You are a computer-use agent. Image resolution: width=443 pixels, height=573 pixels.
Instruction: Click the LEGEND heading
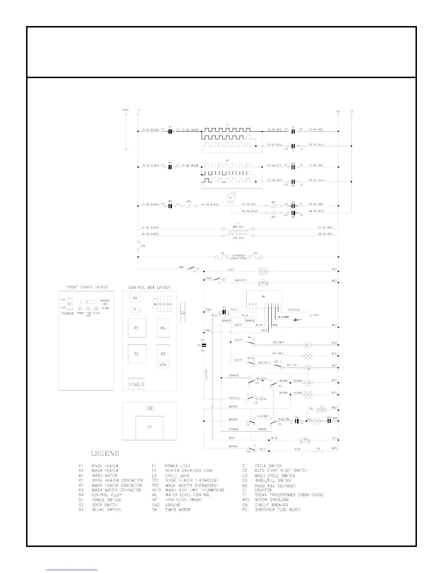(x=105, y=453)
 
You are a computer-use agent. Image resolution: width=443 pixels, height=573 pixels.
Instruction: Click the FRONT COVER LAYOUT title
(x=87, y=287)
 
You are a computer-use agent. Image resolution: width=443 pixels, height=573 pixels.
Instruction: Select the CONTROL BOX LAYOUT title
(x=149, y=287)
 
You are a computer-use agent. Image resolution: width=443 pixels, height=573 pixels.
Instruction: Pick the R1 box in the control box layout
(x=137, y=328)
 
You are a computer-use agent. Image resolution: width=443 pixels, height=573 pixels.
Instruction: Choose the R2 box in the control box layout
(x=137, y=354)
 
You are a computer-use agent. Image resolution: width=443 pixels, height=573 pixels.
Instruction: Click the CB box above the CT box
(x=150, y=408)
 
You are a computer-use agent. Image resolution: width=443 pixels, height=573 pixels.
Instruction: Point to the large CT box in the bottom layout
(x=149, y=427)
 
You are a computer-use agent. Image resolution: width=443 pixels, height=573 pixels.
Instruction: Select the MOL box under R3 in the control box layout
(x=163, y=365)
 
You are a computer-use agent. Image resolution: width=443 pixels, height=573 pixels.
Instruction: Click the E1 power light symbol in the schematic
(x=263, y=271)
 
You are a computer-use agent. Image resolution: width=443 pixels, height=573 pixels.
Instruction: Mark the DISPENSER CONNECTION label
(x=239, y=257)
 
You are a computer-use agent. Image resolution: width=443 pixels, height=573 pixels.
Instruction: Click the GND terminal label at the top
(x=126, y=110)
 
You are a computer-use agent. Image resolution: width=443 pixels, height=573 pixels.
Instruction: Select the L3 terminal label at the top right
(x=351, y=111)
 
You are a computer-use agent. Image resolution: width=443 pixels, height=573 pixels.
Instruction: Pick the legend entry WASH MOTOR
(x=105, y=476)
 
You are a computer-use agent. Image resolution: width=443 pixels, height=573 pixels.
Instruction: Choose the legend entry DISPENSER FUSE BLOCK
(x=278, y=510)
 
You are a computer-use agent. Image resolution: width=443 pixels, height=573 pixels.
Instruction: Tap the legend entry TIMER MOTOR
(x=178, y=510)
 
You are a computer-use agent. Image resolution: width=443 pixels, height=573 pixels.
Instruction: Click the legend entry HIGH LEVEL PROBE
(x=183, y=500)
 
